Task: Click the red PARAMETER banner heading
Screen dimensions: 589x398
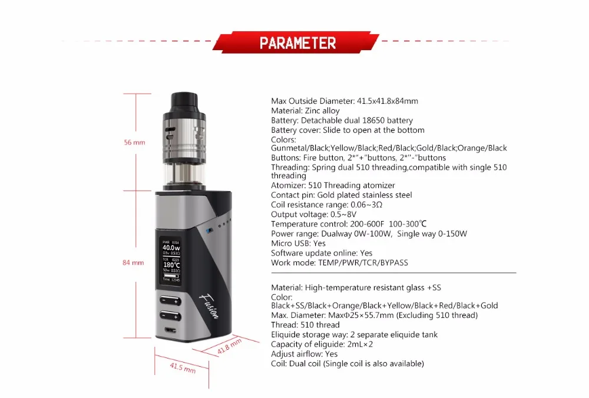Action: [296, 42]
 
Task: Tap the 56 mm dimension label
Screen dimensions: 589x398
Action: [134, 142]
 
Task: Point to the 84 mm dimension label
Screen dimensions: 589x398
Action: [133, 262]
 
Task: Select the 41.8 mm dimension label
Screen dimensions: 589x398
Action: [230, 346]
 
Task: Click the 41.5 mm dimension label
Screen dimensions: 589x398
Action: [183, 367]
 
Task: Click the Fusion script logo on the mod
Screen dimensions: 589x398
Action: [209, 306]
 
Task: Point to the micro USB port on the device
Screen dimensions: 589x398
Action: [170, 330]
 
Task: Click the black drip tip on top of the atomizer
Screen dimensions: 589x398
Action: [184, 101]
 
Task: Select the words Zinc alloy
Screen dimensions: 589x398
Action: [322, 111]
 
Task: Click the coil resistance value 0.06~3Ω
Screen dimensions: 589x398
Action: [366, 205]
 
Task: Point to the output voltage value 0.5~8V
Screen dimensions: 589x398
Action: [343, 215]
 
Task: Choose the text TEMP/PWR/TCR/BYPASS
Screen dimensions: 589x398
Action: [363, 262]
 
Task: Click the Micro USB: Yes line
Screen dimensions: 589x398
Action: [298, 244]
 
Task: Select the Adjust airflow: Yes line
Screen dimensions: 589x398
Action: [305, 354]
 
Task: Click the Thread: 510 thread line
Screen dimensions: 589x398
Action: [305, 325]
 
